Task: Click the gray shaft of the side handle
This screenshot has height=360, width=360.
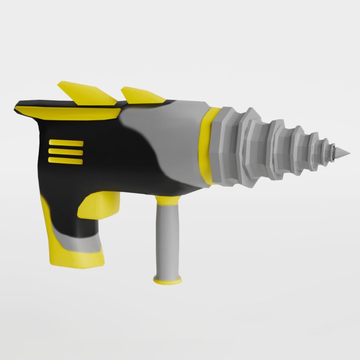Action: (167, 239)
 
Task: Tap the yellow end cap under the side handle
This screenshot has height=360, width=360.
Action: (168, 280)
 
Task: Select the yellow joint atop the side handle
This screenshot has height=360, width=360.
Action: (168, 200)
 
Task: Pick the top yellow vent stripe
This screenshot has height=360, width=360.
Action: (66, 143)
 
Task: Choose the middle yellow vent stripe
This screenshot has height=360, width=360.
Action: (66, 152)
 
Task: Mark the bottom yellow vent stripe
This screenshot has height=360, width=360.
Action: (66, 161)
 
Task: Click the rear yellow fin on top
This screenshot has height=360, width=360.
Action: (86, 93)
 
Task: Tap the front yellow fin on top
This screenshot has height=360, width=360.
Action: (142, 96)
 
